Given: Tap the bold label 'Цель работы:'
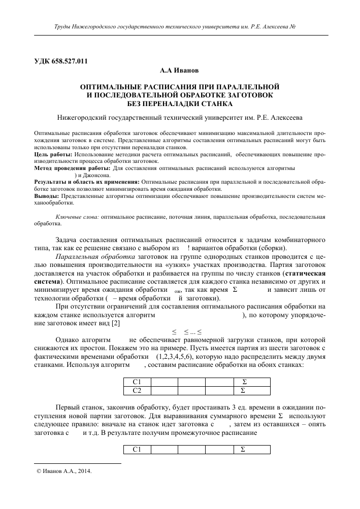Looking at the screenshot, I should pos(53,153).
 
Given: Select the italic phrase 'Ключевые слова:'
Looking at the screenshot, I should pos(77,216).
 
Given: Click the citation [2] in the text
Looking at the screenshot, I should pos(116,323).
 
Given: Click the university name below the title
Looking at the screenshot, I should pos(180,118).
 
